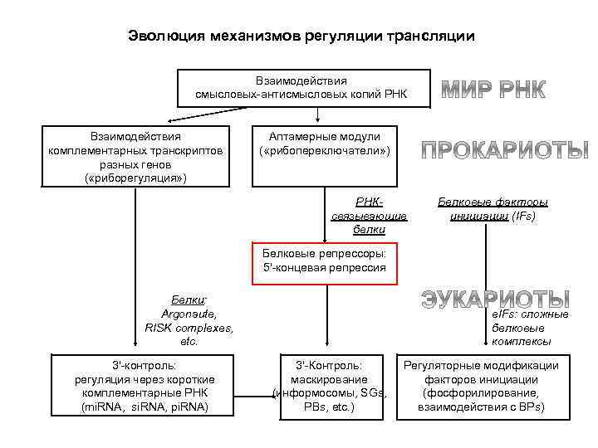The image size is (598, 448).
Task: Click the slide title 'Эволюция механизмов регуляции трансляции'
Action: click(x=301, y=37)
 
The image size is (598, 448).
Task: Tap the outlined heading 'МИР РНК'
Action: click(x=493, y=90)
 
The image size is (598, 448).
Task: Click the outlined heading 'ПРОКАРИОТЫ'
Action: click(x=504, y=149)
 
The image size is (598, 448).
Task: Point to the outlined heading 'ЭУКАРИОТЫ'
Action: click(x=495, y=299)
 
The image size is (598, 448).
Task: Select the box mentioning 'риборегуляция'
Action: click(x=135, y=157)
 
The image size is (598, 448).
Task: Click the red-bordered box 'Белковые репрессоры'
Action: click(x=325, y=260)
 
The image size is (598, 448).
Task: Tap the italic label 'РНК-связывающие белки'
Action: click(x=369, y=215)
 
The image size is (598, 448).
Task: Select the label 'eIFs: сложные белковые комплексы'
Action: click(x=530, y=328)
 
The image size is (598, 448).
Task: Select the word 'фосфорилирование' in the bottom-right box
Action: click(x=481, y=392)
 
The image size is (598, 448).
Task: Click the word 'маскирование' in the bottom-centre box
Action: click(x=328, y=378)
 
